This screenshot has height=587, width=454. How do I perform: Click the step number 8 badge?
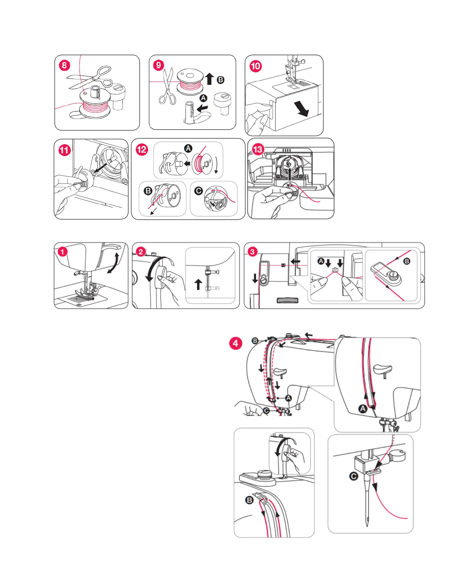pyautogui.click(x=65, y=66)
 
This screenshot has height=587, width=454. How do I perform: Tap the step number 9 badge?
pyautogui.click(x=159, y=65)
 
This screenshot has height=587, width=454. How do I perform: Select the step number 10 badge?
pyautogui.click(x=256, y=66)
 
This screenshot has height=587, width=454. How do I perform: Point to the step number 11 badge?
pyautogui.click(x=65, y=150)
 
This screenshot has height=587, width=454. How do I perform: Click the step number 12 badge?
pyautogui.click(x=142, y=150)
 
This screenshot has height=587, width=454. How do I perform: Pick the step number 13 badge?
pyautogui.click(x=258, y=149)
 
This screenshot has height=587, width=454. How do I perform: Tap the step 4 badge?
pyautogui.click(x=236, y=343)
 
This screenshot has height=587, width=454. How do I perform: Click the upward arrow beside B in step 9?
pyautogui.click(x=210, y=79)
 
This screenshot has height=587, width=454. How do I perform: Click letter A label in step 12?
pyautogui.click(x=188, y=148)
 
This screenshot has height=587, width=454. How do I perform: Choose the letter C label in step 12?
pyautogui.click(x=199, y=190)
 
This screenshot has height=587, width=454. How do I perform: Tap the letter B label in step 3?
pyautogui.click(x=407, y=261)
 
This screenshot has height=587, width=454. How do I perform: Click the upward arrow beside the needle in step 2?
pyautogui.click(x=198, y=285)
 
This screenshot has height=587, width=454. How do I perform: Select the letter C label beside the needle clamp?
pyautogui.click(x=353, y=476)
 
